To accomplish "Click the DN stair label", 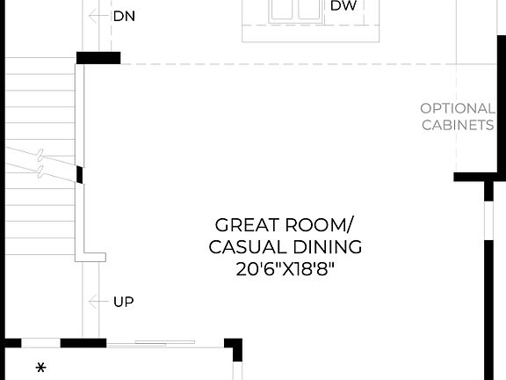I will tap(124, 16).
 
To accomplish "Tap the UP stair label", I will tap(124, 302).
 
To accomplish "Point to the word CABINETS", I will tap(458, 125).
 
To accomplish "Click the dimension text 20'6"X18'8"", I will tap(286, 269).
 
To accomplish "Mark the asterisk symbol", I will tap(40, 367).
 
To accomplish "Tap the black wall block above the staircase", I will tap(98, 58).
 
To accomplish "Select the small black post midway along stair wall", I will tap(80, 175).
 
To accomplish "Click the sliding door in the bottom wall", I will tap(151, 343).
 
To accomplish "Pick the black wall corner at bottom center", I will tap(235, 347).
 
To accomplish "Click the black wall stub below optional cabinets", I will tap(471, 177).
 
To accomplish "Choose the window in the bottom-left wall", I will tap(40, 343).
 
